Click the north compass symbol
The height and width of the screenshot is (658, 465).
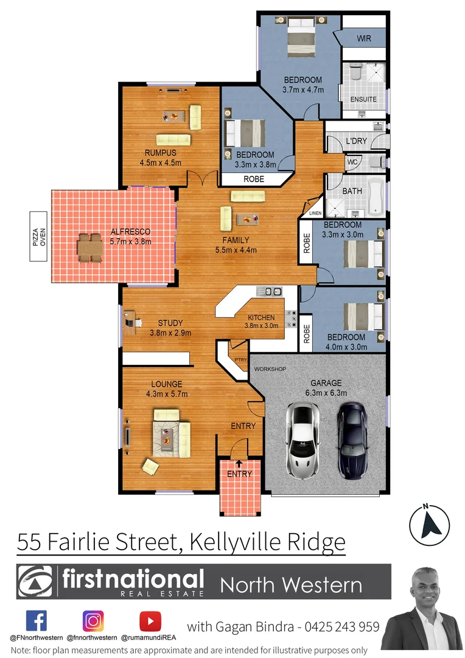click(x=429, y=523)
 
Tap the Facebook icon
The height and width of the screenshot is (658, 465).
click(x=37, y=621)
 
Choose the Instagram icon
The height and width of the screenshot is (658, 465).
click(x=93, y=621)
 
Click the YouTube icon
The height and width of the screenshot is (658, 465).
click(x=150, y=621)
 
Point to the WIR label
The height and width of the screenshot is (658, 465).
click(x=364, y=38)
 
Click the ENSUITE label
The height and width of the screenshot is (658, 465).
click(x=364, y=99)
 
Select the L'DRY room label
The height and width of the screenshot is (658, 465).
click(x=356, y=141)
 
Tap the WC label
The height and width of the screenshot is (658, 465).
click(x=352, y=163)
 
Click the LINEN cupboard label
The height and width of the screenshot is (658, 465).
click(x=315, y=213)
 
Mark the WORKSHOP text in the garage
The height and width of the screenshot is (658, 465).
click(x=270, y=369)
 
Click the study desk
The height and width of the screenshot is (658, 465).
click(x=129, y=320)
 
